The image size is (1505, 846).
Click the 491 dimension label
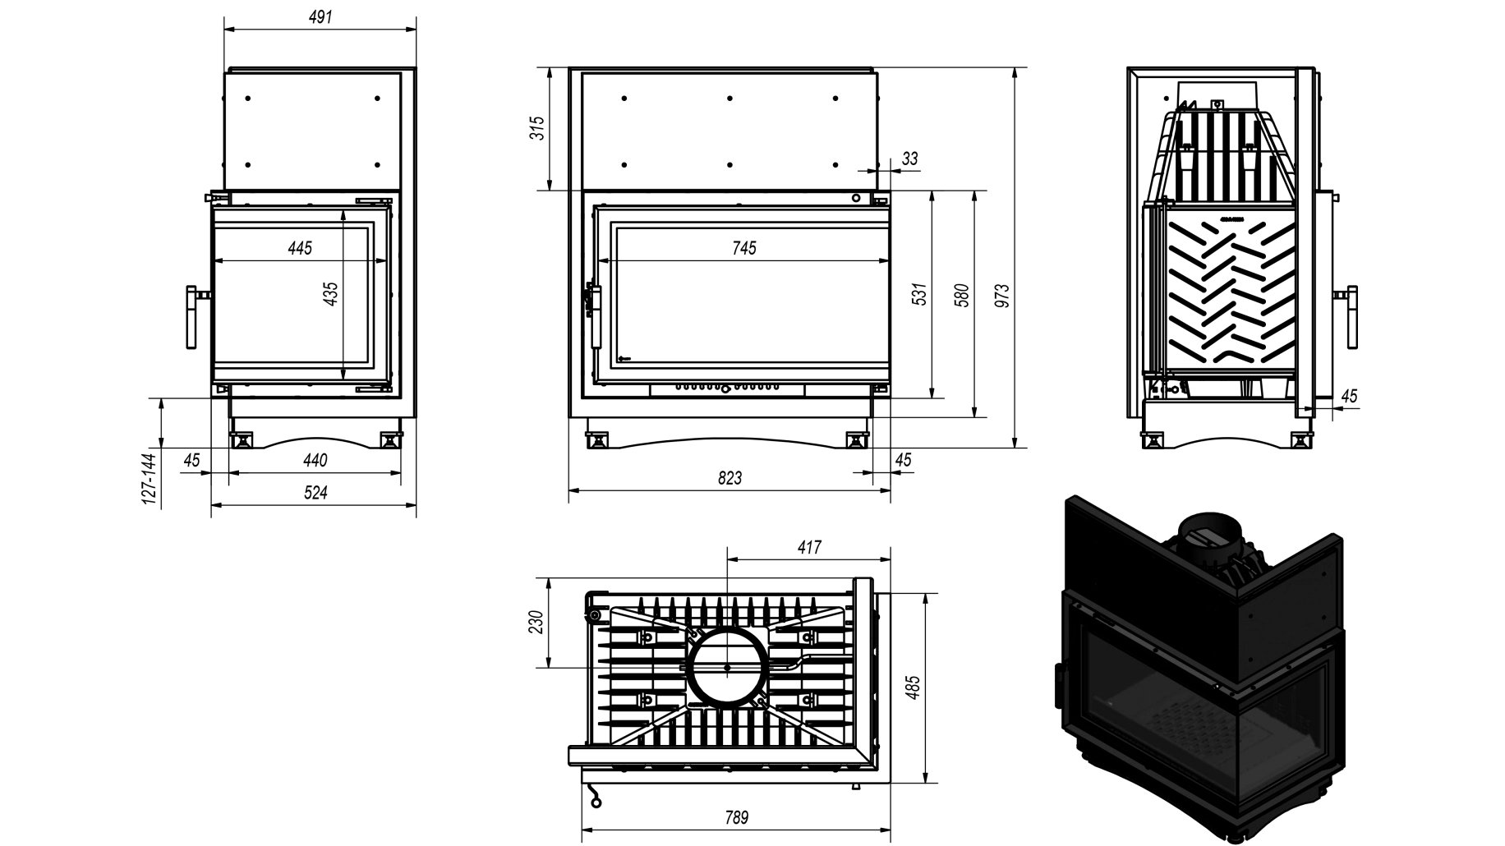tap(321, 16)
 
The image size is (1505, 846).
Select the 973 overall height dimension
tap(1001, 296)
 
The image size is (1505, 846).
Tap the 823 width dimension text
tap(729, 477)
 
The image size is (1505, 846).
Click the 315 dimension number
tap(538, 129)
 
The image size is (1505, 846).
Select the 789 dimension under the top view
tap(737, 817)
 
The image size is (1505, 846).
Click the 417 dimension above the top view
tap(809, 547)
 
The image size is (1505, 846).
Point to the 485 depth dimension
tap(913, 687)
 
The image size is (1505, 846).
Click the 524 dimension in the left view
tap(316, 493)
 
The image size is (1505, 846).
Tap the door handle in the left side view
tap(192, 317)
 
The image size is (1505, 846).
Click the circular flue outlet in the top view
tap(728, 667)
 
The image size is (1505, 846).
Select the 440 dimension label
tap(315, 460)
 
